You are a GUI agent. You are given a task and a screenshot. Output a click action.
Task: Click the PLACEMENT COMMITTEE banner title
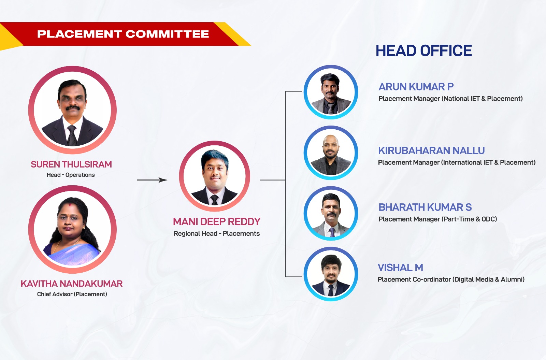point(123,34)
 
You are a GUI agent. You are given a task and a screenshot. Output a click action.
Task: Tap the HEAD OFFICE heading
point(423,51)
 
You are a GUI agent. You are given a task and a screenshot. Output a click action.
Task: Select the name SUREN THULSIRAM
point(71,164)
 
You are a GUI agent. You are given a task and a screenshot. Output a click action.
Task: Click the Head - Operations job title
point(71,175)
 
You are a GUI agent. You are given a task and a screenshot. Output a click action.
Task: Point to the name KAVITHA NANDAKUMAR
point(71,284)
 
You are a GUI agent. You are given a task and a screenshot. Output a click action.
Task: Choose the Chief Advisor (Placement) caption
point(72,294)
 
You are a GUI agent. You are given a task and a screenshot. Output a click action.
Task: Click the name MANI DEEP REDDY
point(217,221)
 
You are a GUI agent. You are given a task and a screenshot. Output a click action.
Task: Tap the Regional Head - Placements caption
point(217,233)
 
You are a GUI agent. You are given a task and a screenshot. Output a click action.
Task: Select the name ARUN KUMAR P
point(416,87)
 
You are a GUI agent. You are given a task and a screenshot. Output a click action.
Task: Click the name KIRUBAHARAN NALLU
point(431,150)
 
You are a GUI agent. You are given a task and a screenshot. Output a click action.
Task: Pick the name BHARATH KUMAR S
point(425,207)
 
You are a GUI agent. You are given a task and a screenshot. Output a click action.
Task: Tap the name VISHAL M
point(400,268)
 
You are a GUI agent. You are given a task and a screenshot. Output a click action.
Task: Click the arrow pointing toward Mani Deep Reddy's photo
point(152,180)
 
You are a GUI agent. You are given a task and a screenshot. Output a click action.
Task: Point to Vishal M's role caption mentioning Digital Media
point(451,279)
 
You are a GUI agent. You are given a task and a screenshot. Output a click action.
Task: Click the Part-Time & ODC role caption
point(437,219)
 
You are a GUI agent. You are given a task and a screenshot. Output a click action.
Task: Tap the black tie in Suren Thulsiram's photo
point(72,135)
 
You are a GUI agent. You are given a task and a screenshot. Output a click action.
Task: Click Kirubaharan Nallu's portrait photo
point(331,153)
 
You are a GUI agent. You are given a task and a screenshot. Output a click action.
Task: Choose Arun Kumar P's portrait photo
point(331,92)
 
